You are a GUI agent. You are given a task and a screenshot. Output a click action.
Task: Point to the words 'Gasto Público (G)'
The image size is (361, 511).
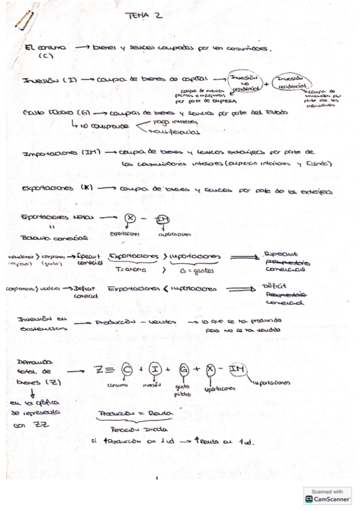click(52, 113)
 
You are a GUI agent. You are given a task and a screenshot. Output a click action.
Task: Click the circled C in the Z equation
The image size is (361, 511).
click(128, 368)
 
